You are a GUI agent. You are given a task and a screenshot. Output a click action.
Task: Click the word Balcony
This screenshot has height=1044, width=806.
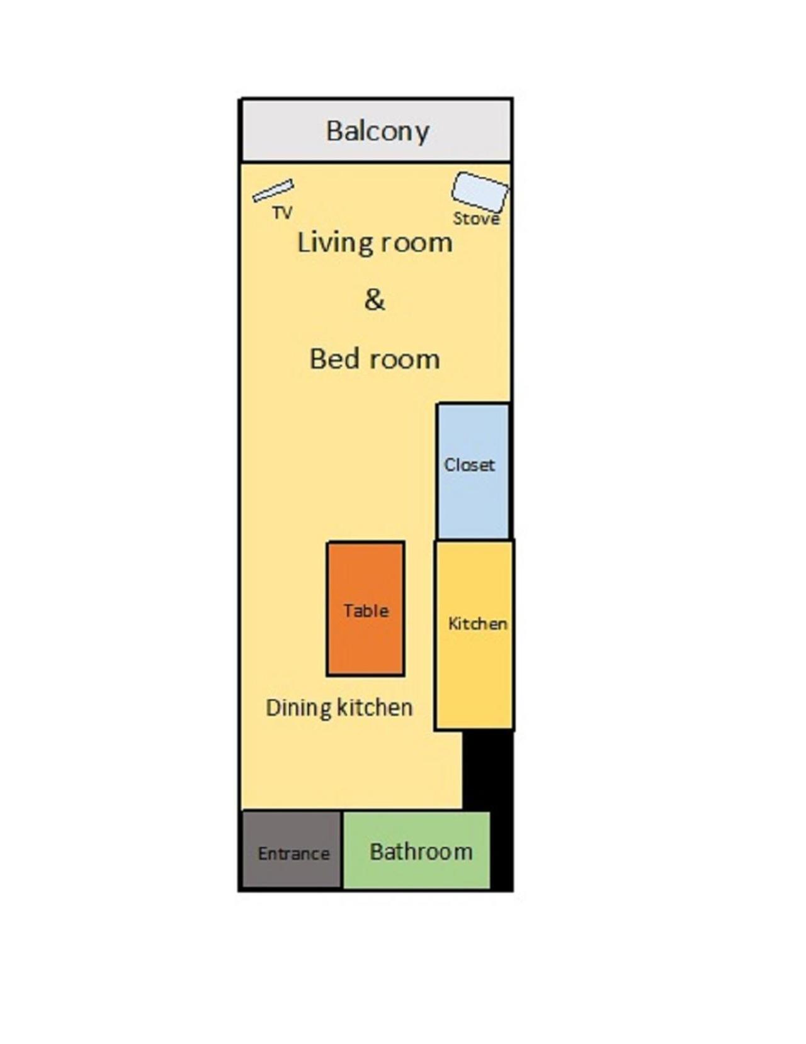pyautogui.click(x=377, y=131)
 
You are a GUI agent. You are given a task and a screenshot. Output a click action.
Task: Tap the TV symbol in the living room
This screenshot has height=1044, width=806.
pyautogui.click(x=273, y=191)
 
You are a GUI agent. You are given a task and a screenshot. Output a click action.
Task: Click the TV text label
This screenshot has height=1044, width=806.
pyautogui.click(x=282, y=212)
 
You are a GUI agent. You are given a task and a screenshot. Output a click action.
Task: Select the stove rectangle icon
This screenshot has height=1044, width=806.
pyautogui.click(x=480, y=192)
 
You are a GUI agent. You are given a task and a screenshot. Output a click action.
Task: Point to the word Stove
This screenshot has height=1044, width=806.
pyautogui.click(x=476, y=218)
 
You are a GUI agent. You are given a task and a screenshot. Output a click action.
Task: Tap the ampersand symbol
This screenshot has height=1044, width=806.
pyautogui.click(x=375, y=300)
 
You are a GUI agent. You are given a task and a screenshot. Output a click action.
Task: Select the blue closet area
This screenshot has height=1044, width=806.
pyautogui.click(x=474, y=471)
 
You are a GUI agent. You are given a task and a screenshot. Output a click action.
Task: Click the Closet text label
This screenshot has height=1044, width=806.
pyautogui.click(x=469, y=464)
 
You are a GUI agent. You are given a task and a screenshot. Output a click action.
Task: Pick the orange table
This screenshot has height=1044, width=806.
pyautogui.click(x=366, y=609)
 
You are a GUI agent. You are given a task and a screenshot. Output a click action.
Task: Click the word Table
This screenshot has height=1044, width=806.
pyautogui.click(x=366, y=610)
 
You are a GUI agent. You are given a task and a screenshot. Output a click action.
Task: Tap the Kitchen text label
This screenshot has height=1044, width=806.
pyautogui.click(x=478, y=624)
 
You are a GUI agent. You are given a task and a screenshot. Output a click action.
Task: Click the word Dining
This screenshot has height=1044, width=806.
pyautogui.click(x=298, y=708)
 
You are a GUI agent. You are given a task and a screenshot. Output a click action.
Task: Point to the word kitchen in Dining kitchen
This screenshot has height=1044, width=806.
pyautogui.click(x=375, y=707)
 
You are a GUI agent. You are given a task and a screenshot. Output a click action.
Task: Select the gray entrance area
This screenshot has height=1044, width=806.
pyautogui.click(x=292, y=850)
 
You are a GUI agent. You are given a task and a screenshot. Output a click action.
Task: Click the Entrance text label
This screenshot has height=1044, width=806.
pyautogui.click(x=293, y=853)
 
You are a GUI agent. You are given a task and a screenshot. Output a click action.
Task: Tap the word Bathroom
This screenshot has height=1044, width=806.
pyautogui.click(x=421, y=852)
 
